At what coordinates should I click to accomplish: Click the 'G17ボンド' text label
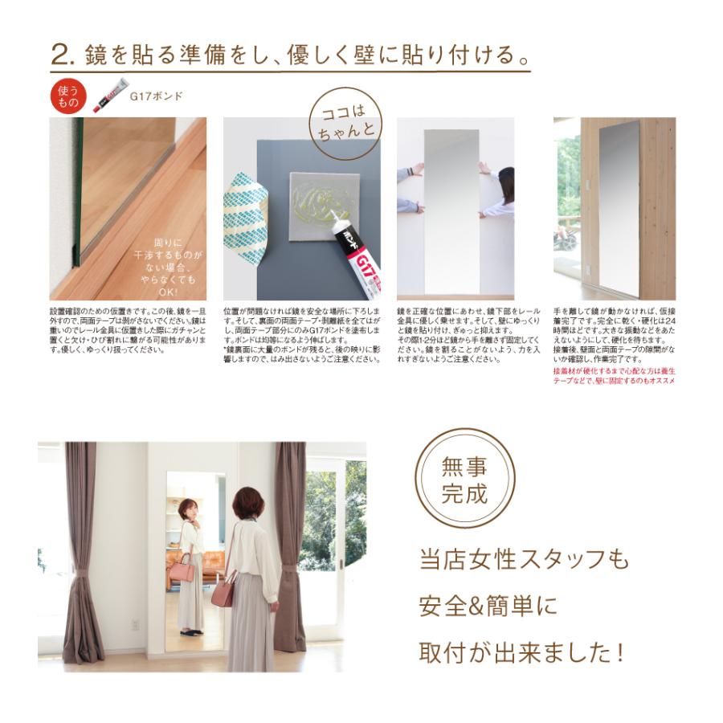point(156,96)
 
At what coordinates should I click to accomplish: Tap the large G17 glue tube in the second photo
point(357,255)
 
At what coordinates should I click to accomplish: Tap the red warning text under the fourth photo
point(614,375)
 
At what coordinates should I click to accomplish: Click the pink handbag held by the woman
point(224,594)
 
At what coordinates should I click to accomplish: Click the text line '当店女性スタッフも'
point(524,559)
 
